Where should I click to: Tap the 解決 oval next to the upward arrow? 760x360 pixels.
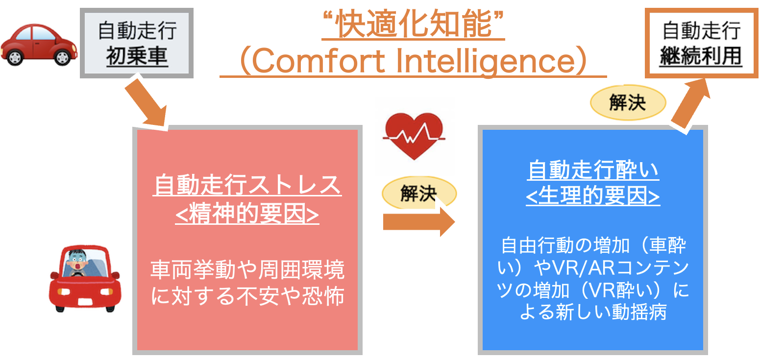pos(628,102)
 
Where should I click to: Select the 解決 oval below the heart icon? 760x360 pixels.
pos(419,192)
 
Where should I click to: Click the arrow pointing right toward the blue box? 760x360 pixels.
pos(419,222)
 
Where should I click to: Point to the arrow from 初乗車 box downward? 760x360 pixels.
pos(146,103)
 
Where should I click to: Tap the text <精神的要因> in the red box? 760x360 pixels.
pos(247,214)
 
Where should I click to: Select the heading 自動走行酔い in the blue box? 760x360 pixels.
pos(593,169)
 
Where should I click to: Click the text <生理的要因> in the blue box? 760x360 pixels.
pos(593,196)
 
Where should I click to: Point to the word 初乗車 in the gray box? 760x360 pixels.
pos(137,56)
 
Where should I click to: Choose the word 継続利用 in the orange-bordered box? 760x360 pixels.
pos(701,56)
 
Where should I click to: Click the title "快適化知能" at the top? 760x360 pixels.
pos(413,24)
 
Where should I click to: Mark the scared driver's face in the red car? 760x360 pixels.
pos(77,262)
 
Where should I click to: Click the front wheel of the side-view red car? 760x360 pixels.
pos(62,58)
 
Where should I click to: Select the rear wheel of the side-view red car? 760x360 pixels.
pos(15,58)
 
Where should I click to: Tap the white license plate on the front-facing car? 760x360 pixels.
pos(85,301)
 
